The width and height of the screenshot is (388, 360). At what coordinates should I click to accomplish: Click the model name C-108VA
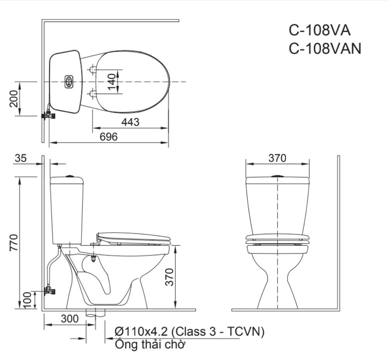[320, 30]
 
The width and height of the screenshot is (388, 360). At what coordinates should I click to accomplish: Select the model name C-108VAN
[325, 48]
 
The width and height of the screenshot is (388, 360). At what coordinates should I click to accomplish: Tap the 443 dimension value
[130, 122]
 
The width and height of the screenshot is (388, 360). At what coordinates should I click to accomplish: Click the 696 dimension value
[109, 137]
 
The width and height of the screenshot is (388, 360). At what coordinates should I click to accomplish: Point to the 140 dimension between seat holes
[111, 82]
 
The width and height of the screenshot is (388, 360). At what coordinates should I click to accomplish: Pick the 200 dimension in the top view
[14, 99]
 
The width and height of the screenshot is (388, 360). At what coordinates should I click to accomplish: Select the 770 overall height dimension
[13, 242]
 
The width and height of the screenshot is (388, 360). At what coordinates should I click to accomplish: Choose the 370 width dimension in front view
[277, 158]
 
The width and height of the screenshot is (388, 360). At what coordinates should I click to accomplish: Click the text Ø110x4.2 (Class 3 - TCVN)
[189, 331]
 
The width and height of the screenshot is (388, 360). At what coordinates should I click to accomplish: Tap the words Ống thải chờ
[150, 344]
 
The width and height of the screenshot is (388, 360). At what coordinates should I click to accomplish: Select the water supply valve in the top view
[48, 115]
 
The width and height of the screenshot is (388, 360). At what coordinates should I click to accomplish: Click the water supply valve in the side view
[49, 291]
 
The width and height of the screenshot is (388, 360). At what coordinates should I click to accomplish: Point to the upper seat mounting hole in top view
[93, 69]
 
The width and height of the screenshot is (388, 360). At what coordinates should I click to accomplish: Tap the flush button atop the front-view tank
[277, 176]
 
